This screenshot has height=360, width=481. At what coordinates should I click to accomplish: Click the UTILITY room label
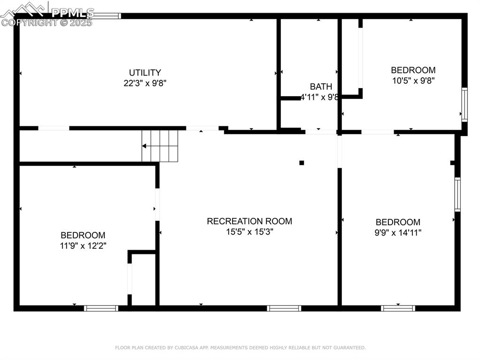145,73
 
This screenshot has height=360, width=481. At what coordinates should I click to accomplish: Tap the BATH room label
321,86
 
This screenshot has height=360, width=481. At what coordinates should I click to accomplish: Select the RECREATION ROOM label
249,221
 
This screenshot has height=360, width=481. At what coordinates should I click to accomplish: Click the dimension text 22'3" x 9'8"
145,83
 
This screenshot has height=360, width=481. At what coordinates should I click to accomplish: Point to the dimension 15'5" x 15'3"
249,231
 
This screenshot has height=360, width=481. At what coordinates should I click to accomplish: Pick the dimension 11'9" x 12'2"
83,245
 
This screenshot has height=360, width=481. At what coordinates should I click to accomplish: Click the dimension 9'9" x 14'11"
398,232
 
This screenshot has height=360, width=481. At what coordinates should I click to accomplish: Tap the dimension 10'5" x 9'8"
413,81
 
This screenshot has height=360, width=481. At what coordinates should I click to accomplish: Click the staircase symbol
160,146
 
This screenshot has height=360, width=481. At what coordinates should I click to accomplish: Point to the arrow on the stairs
150,146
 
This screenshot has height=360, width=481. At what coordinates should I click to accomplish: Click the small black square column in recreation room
302,163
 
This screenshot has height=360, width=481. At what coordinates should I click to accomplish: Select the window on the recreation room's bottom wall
284,308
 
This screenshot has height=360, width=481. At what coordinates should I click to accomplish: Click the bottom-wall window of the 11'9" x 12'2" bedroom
101,308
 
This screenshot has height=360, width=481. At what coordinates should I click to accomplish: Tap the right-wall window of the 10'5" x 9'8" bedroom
465,105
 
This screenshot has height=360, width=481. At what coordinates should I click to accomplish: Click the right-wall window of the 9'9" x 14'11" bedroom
458,194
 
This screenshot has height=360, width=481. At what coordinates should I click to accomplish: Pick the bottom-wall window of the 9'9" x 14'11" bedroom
398,308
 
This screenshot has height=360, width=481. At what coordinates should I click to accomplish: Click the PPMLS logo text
73,13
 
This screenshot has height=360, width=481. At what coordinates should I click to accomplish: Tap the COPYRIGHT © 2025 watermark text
47,23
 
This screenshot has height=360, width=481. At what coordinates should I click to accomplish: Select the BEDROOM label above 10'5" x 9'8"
413,70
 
